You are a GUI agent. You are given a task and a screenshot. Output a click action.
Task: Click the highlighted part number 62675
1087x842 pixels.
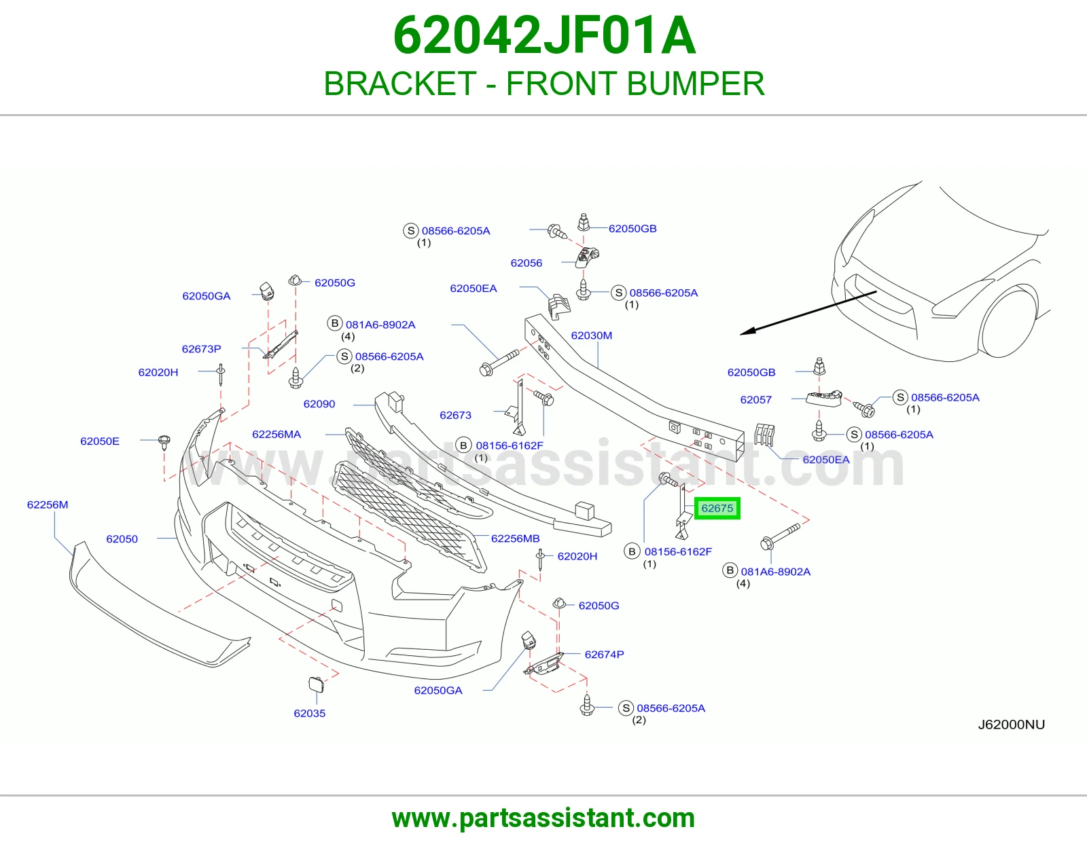pyautogui.click(x=717, y=509)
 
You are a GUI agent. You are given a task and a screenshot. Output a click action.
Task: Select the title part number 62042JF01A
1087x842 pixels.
pyautogui.click(x=544, y=35)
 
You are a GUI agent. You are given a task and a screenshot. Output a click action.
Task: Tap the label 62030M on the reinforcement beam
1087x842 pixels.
pyautogui.click(x=591, y=335)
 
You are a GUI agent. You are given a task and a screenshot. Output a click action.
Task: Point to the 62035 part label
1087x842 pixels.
pyautogui.click(x=310, y=713)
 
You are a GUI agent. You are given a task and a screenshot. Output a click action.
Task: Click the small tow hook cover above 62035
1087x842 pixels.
pyautogui.click(x=316, y=684)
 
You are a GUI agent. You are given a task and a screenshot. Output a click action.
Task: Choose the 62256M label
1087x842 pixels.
pyautogui.click(x=48, y=505)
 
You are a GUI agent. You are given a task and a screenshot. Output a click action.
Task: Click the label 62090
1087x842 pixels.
pyautogui.click(x=319, y=404)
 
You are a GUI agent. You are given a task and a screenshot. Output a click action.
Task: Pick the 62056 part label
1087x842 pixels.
pyautogui.click(x=527, y=263)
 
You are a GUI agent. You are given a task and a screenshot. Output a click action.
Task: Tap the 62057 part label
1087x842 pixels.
pyautogui.click(x=756, y=399)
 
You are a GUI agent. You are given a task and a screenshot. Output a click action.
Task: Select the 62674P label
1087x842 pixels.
pyautogui.click(x=604, y=654)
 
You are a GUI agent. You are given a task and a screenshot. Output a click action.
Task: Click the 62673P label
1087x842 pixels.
pyautogui.click(x=202, y=349)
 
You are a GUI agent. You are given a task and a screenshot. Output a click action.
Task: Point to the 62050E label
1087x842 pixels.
pyautogui.click(x=100, y=441)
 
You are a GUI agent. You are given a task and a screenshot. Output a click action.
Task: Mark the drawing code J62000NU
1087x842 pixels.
pyautogui.click(x=1012, y=725)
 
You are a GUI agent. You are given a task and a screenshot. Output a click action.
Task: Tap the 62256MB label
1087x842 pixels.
pyautogui.click(x=515, y=538)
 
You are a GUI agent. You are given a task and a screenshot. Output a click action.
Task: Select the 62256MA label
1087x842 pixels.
pyautogui.click(x=277, y=435)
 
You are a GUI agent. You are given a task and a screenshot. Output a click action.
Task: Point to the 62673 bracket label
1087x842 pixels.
pyautogui.click(x=455, y=415)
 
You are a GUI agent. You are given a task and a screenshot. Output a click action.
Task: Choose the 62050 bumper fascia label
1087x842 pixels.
pyautogui.click(x=122, y=539)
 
